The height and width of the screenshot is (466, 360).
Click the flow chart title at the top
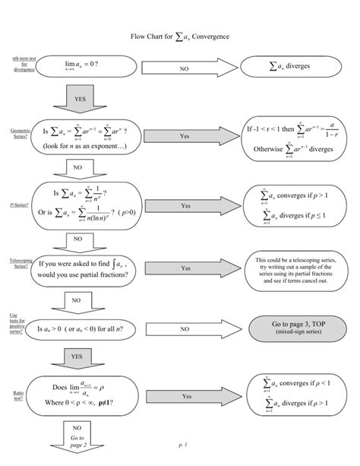[x=180, y=36]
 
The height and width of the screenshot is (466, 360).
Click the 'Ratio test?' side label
[x=18, y=395]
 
